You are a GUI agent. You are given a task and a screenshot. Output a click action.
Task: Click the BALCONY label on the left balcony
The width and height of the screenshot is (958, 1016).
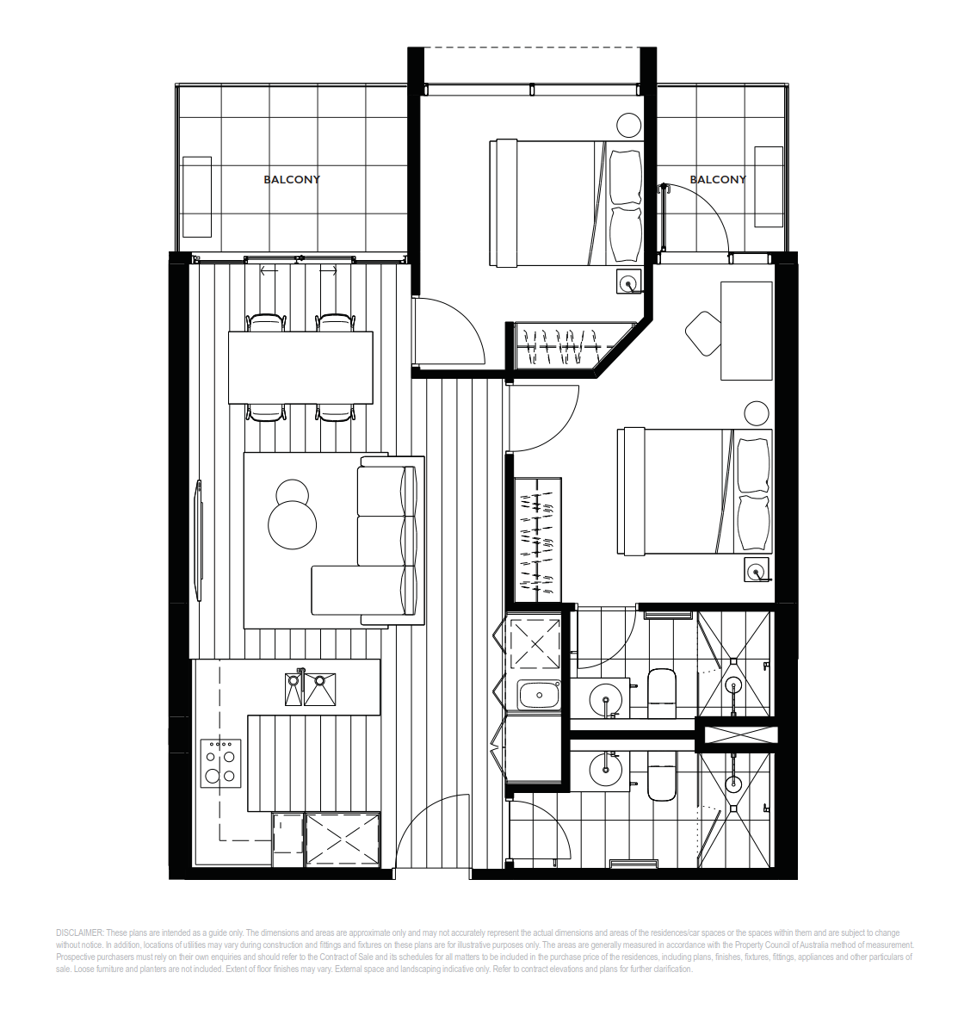pyautogui.click(x=292, y=179)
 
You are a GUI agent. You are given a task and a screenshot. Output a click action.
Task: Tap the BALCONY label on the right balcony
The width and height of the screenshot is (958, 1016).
pyautogui.click(x=718, y=179)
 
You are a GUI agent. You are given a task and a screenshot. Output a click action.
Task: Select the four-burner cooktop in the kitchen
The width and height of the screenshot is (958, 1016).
pyautogui.click(x=220, y=764)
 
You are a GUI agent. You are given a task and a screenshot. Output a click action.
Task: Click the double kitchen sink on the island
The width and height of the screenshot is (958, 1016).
pyautogui.click(x=310, y=688)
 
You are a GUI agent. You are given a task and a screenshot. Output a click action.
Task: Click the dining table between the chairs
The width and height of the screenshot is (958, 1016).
pyautogui.click(x=300, y=368)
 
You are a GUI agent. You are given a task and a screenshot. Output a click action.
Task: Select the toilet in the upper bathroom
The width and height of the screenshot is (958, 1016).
pyautogui.click(x=662, y=693)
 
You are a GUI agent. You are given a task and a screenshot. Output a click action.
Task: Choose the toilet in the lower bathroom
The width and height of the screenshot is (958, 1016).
pyautogui.click(x=662, y=776)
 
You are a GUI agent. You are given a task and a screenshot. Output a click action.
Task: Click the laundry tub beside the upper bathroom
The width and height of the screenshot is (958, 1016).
pyautogui.click(x=538, y=696)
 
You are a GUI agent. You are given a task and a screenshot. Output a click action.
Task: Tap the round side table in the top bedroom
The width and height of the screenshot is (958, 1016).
pyautogui.click(x=627, y=124)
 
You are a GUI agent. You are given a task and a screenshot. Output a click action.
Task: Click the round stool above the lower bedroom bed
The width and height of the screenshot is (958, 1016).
pyautogui.click(x=756, y=412)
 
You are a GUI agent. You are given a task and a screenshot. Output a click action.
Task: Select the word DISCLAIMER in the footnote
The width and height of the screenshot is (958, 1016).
pyautogui.click(x=80, y=932)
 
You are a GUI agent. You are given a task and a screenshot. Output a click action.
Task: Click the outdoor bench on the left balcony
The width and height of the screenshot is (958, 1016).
pyautogui.click(x=197, y=196)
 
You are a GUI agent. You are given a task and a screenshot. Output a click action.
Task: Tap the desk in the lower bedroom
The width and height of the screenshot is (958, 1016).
pyautogui.click(x=747, y=331)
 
